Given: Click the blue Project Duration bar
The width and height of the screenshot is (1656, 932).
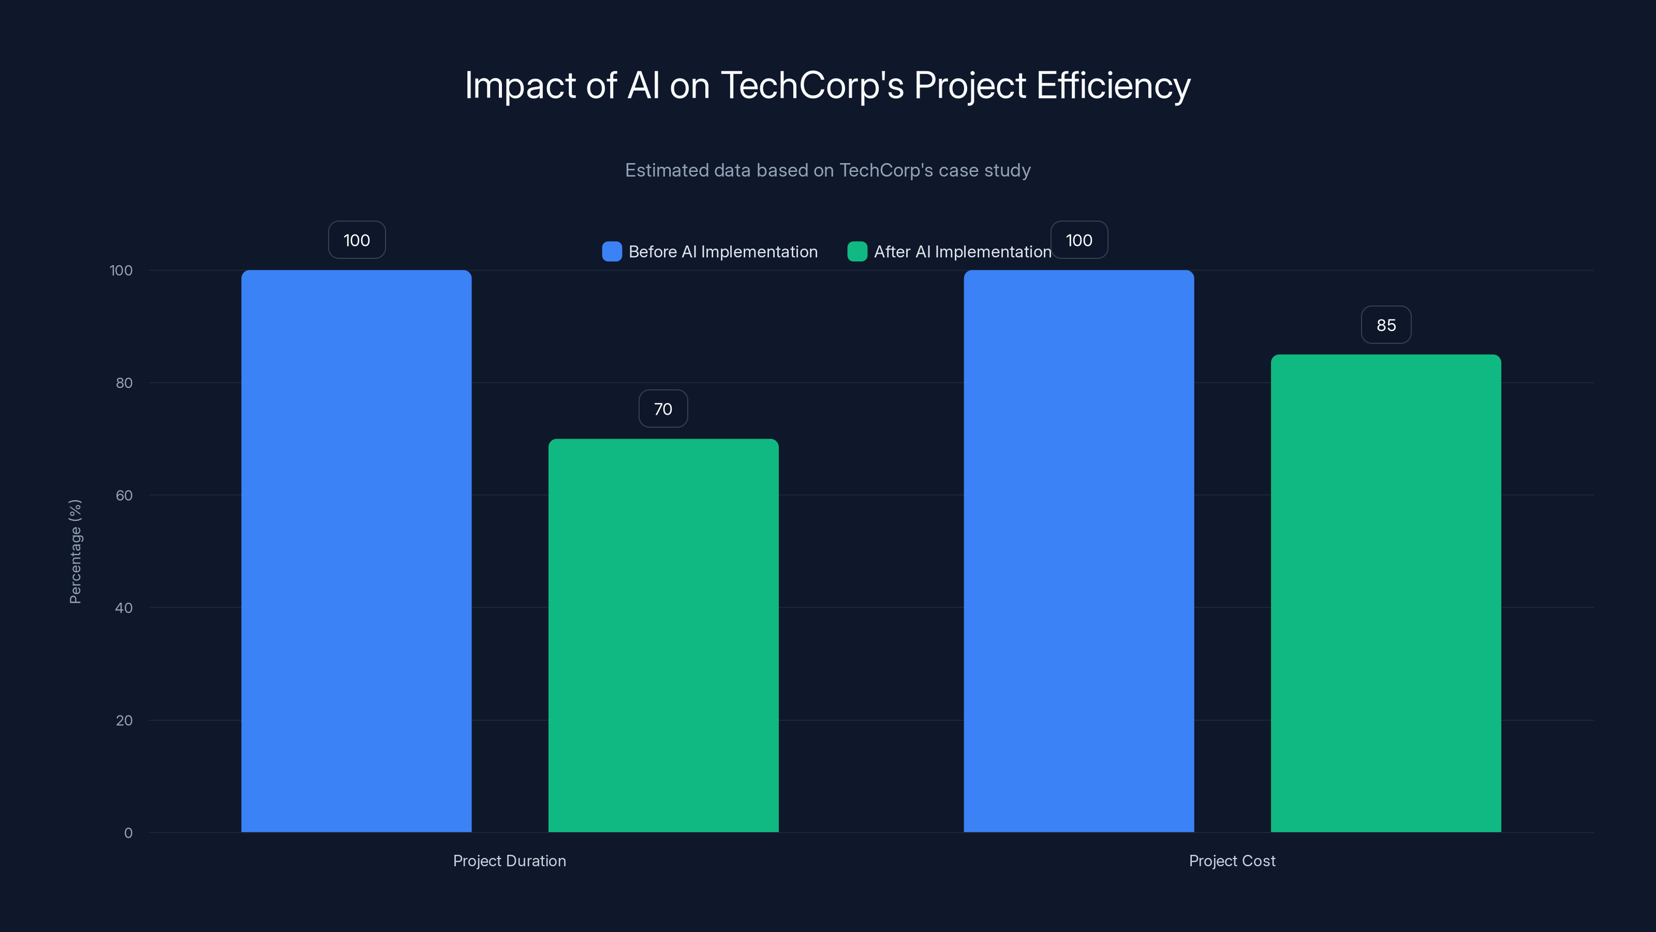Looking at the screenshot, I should click(356, 550).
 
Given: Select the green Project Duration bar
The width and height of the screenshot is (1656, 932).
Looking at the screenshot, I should click(663, 635).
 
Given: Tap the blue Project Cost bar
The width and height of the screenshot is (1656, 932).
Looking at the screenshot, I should click(1078, 550).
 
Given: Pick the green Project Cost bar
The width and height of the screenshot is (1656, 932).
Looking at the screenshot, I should click(1385, 593).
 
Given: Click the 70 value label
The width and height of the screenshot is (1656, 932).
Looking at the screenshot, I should click(663, 409).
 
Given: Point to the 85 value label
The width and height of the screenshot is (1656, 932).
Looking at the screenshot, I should click(1385, 325).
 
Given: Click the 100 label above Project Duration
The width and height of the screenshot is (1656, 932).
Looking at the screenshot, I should click(356, 240).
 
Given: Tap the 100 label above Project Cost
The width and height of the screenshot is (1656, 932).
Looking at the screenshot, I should click(1078, 240).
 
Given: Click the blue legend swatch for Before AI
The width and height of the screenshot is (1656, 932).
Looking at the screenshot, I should click(611, 252).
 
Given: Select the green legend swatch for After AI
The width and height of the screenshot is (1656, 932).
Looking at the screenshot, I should click(857, 252).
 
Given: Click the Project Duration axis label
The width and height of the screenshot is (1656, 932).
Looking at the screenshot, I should click(509, 861).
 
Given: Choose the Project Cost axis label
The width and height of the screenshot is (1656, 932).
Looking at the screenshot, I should click(1232, 861).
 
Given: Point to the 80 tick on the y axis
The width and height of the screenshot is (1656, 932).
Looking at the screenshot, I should click(124, 383).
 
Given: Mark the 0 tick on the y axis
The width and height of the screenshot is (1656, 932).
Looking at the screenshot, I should click(128, 833).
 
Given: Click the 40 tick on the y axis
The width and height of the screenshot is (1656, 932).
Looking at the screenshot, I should click(124, 608).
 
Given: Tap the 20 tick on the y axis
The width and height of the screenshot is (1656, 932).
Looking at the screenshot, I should click(124, 720).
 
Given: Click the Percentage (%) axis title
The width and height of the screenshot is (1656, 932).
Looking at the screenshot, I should click(75, 551).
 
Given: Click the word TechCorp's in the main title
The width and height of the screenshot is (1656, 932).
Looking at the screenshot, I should click(811, 85).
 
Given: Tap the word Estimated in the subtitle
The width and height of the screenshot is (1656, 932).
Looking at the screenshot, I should click(664, 170).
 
